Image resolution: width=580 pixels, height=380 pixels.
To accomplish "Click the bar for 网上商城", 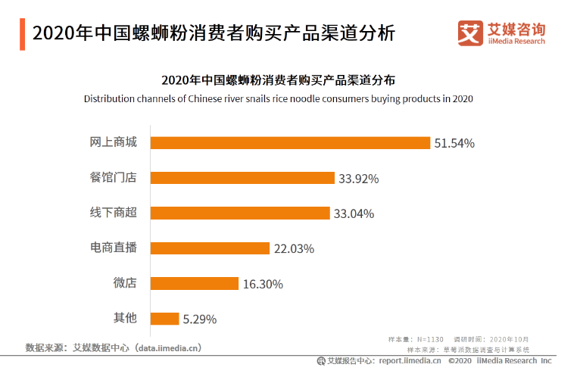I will [x=290, y=143].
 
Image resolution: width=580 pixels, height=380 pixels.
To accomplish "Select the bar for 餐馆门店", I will [x=242, y=178].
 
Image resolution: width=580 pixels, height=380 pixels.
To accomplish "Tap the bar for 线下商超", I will [x=240, y=213].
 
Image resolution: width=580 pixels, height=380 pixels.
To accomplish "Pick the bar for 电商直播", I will [x=210, y=248].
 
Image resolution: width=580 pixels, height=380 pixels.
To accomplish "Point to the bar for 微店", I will [x=195, y=284].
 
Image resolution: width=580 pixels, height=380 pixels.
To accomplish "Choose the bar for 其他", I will [x=164, y=319].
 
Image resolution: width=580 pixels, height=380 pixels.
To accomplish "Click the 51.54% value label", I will [x=454, y=143].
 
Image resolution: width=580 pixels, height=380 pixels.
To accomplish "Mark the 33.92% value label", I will [x=358, y=179].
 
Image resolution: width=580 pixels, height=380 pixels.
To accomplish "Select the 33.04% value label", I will [x=354, y=213].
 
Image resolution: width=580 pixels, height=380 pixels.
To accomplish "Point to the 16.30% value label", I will [x=263, y=284].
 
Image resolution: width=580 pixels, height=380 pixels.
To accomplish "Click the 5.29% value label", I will [x=199, y=319].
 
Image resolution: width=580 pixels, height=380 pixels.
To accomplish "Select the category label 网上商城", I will [x=114, y=142].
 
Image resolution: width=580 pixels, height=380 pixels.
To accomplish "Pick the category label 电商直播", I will [x=114, y=248].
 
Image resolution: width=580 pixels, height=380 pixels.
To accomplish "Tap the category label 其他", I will [x=125, y=318].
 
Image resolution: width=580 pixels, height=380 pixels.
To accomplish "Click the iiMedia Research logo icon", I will [x=471, y=33].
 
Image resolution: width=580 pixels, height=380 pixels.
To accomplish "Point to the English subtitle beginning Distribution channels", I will [x=278, y=99].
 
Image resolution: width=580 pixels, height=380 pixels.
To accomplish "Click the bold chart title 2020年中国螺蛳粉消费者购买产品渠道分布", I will [x=278, y=79].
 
